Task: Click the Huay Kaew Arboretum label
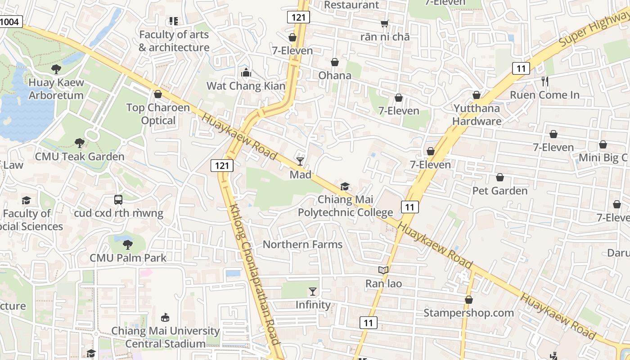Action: tap(56, 89)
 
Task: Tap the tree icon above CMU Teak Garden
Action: tap(80, 143)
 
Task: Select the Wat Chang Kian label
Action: tap(246, 85)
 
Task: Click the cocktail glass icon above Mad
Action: tap(300, 161)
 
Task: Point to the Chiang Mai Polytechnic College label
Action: tap(346, 206)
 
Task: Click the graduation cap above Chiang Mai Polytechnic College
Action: tap(345, 186)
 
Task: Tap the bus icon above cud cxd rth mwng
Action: tap(118, 199)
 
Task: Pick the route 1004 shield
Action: tap(10, 21)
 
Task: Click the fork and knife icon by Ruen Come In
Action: tap(544, 81)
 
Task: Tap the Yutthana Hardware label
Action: tap(477, 114)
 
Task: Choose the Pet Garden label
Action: tap(499, 191)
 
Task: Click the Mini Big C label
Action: tap(603, 157)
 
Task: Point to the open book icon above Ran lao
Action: tap(383, 270)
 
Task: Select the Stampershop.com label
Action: tap(468, 313)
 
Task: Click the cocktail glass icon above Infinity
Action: tap(313, 292)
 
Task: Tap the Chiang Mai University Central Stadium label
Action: tap(165, 337)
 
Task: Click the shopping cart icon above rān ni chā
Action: tap(385, 23)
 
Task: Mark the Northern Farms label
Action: tap(302, 244)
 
